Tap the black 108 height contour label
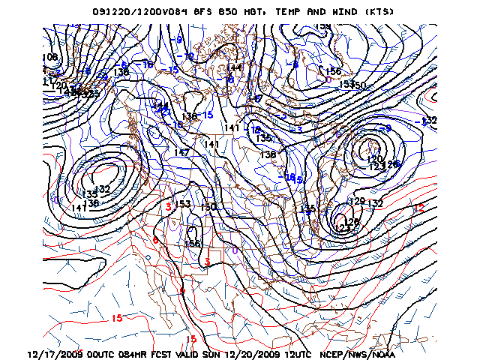(50, 58)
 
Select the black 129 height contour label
(358, 201)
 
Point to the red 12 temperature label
(419, 208)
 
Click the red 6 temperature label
(155, 240)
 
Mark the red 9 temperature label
(181, 291)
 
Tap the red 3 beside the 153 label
(169, 205)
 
